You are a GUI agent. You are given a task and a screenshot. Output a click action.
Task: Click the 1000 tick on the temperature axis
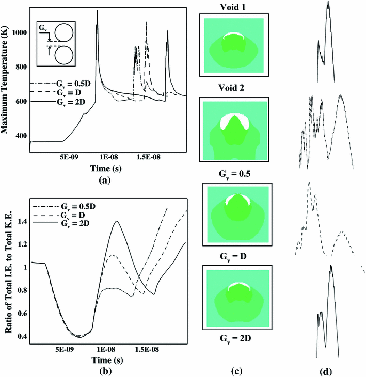[x=18, y=32]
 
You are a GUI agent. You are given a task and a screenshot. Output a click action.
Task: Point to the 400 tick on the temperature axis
[x=20, y=135]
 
